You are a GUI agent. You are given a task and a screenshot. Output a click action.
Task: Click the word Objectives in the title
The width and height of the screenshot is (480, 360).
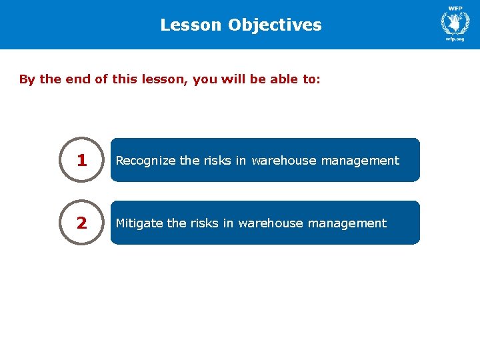point(275,25)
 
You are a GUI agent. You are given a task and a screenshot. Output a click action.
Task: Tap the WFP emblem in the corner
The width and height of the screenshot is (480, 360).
point(455,23)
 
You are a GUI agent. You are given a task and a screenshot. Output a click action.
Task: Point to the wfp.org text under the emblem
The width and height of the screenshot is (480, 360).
point(455,39)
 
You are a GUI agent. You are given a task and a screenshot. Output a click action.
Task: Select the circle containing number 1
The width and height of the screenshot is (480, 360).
point(81,160)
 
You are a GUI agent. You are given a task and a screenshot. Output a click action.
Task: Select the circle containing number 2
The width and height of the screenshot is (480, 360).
point(81,223)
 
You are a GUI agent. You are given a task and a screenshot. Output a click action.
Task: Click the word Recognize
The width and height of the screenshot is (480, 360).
point(146,161)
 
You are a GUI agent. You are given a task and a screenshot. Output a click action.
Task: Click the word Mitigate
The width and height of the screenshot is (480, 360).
point(140,223)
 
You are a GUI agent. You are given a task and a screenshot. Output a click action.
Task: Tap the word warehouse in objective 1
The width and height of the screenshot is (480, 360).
point(281,161)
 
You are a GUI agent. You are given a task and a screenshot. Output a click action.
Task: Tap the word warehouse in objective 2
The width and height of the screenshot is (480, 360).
point(268,223)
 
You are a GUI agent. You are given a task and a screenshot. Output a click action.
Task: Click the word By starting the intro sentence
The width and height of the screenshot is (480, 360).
point(27,80)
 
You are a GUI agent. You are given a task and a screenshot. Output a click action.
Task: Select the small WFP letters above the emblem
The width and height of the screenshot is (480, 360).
point(455,8)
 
